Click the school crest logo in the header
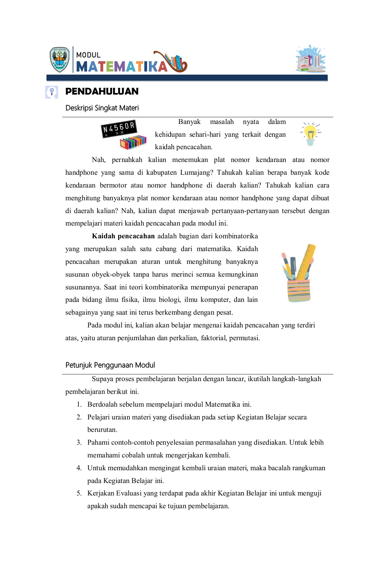[60, 60]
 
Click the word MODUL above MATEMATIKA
[88, 55]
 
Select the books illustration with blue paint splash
[310, 59]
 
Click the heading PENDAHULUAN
[102, 92]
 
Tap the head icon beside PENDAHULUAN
[52, 92]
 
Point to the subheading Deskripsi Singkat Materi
[102, 108]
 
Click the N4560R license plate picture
[119, 129]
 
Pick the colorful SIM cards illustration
[133, 142]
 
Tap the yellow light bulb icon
[310, 134]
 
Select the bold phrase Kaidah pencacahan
[123, 236]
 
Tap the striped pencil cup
[299, 290]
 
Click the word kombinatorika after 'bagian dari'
[236, 236]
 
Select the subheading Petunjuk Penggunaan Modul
[110, 365]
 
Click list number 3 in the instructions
[79, 443]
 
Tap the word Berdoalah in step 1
[102, 405]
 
